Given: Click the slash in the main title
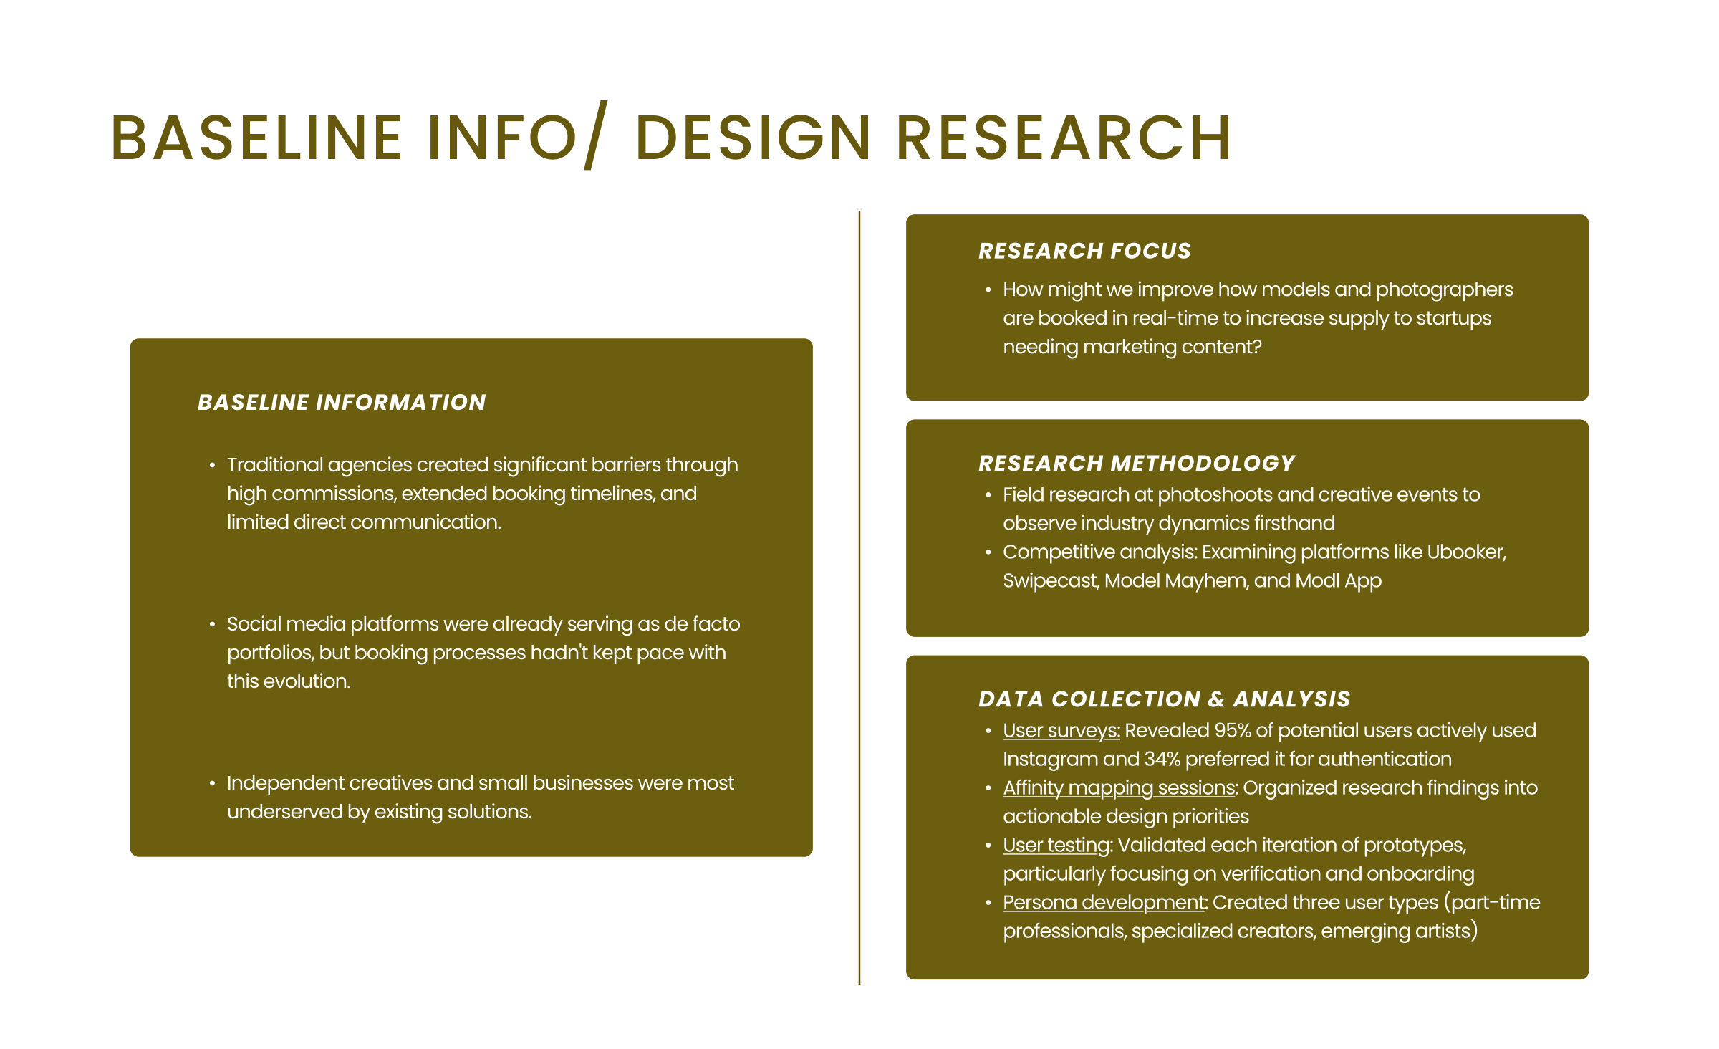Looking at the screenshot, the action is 596,135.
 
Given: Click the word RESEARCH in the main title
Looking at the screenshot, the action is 1064,138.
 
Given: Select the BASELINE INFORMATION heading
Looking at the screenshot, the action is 342,403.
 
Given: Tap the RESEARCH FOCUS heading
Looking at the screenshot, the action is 1084,251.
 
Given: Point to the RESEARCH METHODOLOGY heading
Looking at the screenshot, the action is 1137,464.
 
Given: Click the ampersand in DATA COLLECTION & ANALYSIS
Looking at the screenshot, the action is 1216,699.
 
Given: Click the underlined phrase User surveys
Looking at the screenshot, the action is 1061,731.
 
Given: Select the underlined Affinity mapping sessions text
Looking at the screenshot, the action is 1119,788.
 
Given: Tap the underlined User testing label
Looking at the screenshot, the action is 1056,846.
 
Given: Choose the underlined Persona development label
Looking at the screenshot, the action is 1104,903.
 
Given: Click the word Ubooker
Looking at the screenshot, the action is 1465,552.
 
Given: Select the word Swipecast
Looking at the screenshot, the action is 1050,581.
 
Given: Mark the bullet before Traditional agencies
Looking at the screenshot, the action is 212,466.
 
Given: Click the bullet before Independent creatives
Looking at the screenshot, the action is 212,784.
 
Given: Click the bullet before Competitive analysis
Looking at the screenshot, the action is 988,552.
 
